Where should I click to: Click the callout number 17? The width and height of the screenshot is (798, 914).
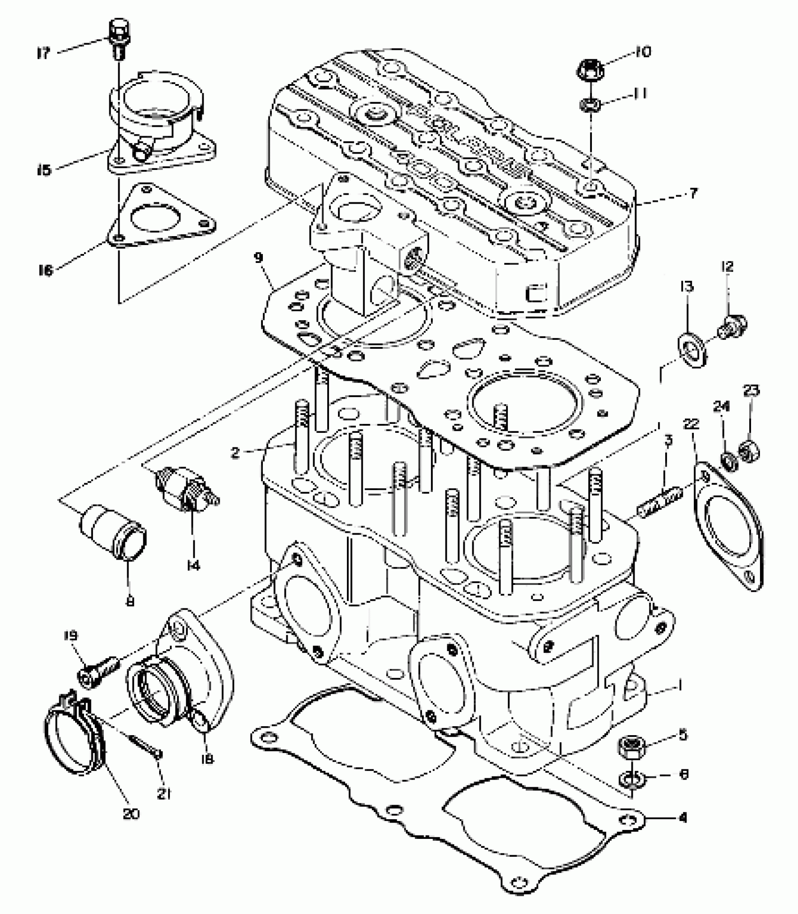[x=43, y=53]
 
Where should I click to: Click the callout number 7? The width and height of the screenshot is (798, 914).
[x=693, y=193]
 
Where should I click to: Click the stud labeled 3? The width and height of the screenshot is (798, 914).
[x=660, y=501]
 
